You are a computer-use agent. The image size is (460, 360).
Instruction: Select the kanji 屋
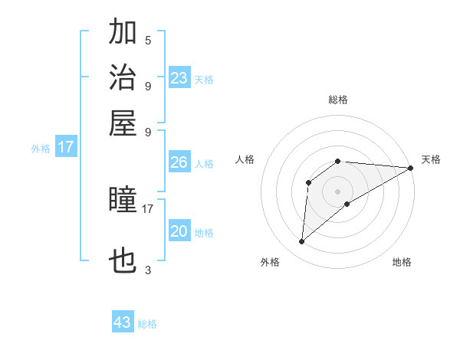[123, 123]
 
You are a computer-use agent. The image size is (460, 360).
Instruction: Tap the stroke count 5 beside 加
[148, 40]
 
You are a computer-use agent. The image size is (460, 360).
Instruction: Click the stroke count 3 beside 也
[148, 270]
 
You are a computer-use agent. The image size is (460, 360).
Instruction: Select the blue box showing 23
[179, 77]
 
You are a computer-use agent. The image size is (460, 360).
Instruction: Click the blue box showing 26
[179, 162]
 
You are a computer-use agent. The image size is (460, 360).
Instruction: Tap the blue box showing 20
[179, 231]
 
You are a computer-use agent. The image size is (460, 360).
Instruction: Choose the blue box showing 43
[123, 322]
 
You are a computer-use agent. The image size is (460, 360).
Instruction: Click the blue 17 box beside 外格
[66, 147]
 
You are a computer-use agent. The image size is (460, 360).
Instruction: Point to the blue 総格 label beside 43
[147, 324]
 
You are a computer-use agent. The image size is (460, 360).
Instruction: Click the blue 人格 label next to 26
[204, 164]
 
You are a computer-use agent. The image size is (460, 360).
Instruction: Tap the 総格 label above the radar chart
[338, 100]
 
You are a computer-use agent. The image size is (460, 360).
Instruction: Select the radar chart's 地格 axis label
[402, 262]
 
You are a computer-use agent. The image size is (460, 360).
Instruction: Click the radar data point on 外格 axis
[301, 242]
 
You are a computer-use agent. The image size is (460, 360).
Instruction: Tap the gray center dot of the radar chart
[338, 191]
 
